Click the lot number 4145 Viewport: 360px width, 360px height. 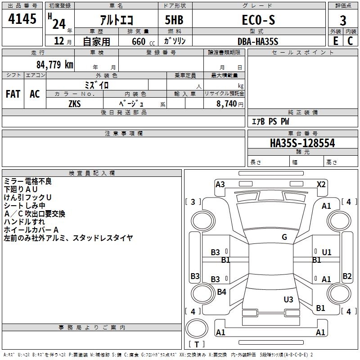point(22,18)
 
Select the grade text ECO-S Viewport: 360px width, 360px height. point(258,20)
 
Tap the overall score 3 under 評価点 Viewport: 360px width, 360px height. point(343,21)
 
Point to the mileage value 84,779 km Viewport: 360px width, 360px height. point(55,64)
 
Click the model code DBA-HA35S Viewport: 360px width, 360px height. point(258,41)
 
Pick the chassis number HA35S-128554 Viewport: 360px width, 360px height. point(302,143)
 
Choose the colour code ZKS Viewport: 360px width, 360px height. point(75,104)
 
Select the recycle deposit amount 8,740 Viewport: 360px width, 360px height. point(226,104)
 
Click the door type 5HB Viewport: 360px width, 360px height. point(174,20)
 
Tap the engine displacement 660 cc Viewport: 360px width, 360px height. point(143,41)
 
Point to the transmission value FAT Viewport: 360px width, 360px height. point(13,94)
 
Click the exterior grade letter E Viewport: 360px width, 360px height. point(336,41)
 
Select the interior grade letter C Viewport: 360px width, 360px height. point(350,41)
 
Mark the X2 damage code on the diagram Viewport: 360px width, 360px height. point(321,184)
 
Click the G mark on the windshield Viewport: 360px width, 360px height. point(284,237)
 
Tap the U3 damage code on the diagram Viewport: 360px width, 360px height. point(288,299)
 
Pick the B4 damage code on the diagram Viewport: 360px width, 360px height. point(221,292)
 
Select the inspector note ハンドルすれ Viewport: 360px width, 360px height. point(24,222)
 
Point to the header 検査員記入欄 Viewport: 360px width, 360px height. point(92,173)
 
